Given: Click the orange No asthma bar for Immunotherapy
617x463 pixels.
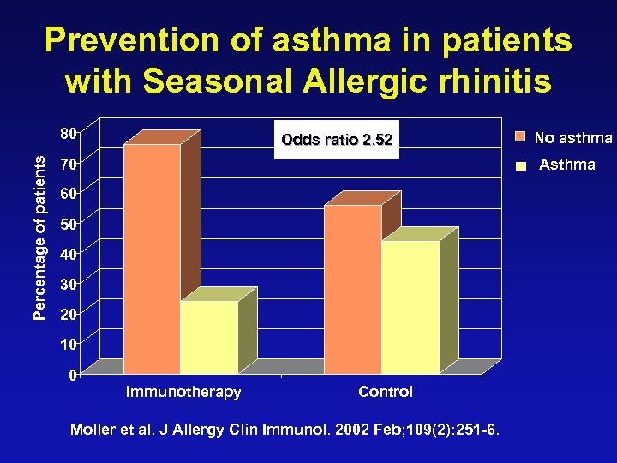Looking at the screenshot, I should click(153, 257).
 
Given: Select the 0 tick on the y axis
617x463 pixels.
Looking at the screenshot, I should click(73, 375).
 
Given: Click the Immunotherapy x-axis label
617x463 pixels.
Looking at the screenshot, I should click(183, 392).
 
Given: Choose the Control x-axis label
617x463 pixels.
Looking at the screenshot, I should click(386, 392).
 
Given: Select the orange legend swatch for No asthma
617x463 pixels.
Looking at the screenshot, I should click(519, 137).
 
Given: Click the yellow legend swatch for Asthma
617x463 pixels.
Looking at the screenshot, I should click(519, 168).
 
